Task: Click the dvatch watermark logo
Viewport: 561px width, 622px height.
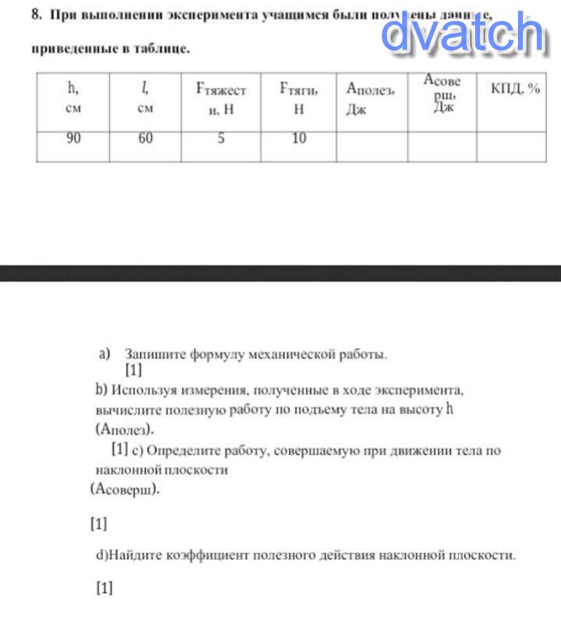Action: click(x=463, y=33)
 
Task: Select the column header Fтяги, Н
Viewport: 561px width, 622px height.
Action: click(x=299, y=98)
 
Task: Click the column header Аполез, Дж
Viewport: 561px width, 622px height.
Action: click(x=371, y=98)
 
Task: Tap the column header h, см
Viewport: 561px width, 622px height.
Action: click(x=73, y=98)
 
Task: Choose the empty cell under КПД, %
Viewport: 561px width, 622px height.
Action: click(x=511, y=146)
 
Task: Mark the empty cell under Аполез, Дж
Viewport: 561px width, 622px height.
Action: click(x=372, y=146)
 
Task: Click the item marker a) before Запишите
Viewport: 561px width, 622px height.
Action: click(x=104, y=354)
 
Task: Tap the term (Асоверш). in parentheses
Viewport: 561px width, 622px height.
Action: click(x=125, y=490)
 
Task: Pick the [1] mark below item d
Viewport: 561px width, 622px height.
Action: click(x=104, y=588)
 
